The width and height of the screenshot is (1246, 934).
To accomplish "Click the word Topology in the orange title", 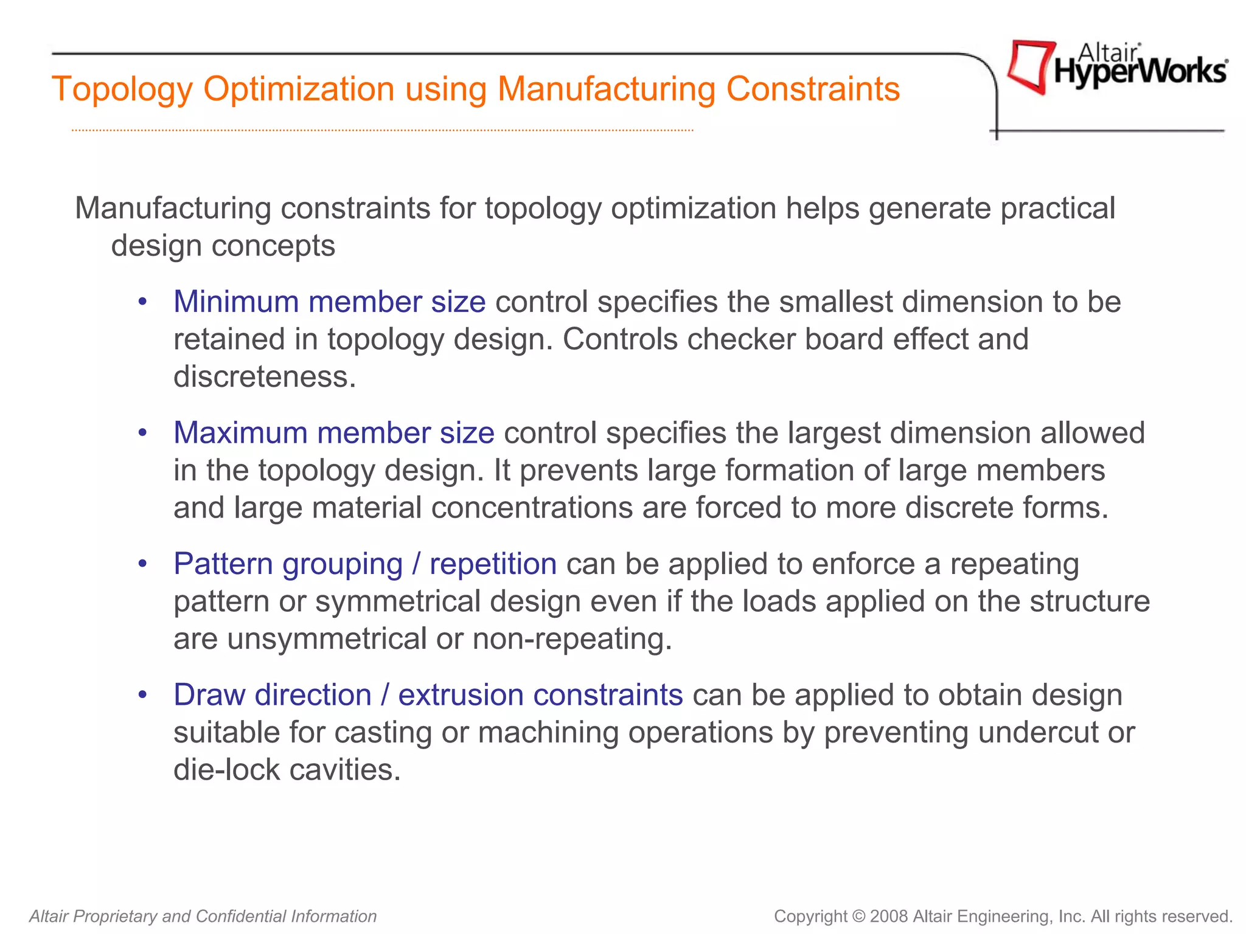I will coord(122,89).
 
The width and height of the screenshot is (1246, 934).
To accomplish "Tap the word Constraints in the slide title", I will coord(813,89).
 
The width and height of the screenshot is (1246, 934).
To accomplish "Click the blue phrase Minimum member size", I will coord(329,302).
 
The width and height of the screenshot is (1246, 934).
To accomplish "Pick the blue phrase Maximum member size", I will coord(333,433).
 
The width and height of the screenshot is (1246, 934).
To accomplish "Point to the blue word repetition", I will coord(493,564).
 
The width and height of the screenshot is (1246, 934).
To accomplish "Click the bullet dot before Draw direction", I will coord(142,695).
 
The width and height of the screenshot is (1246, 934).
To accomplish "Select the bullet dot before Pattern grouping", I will coord(142,564).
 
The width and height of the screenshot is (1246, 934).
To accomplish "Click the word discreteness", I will coord(264,377).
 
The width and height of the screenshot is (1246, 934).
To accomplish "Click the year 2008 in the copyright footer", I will coord(889,916).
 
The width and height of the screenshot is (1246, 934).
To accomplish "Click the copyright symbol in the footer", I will coord(858,916).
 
